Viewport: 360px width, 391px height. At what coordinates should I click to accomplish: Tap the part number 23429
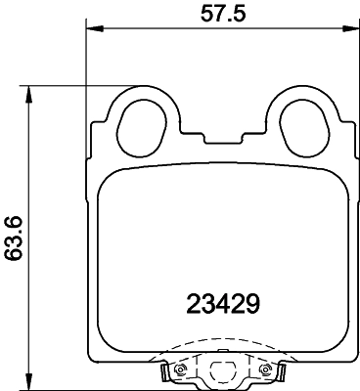pyautogui.click(x=222, y=304)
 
